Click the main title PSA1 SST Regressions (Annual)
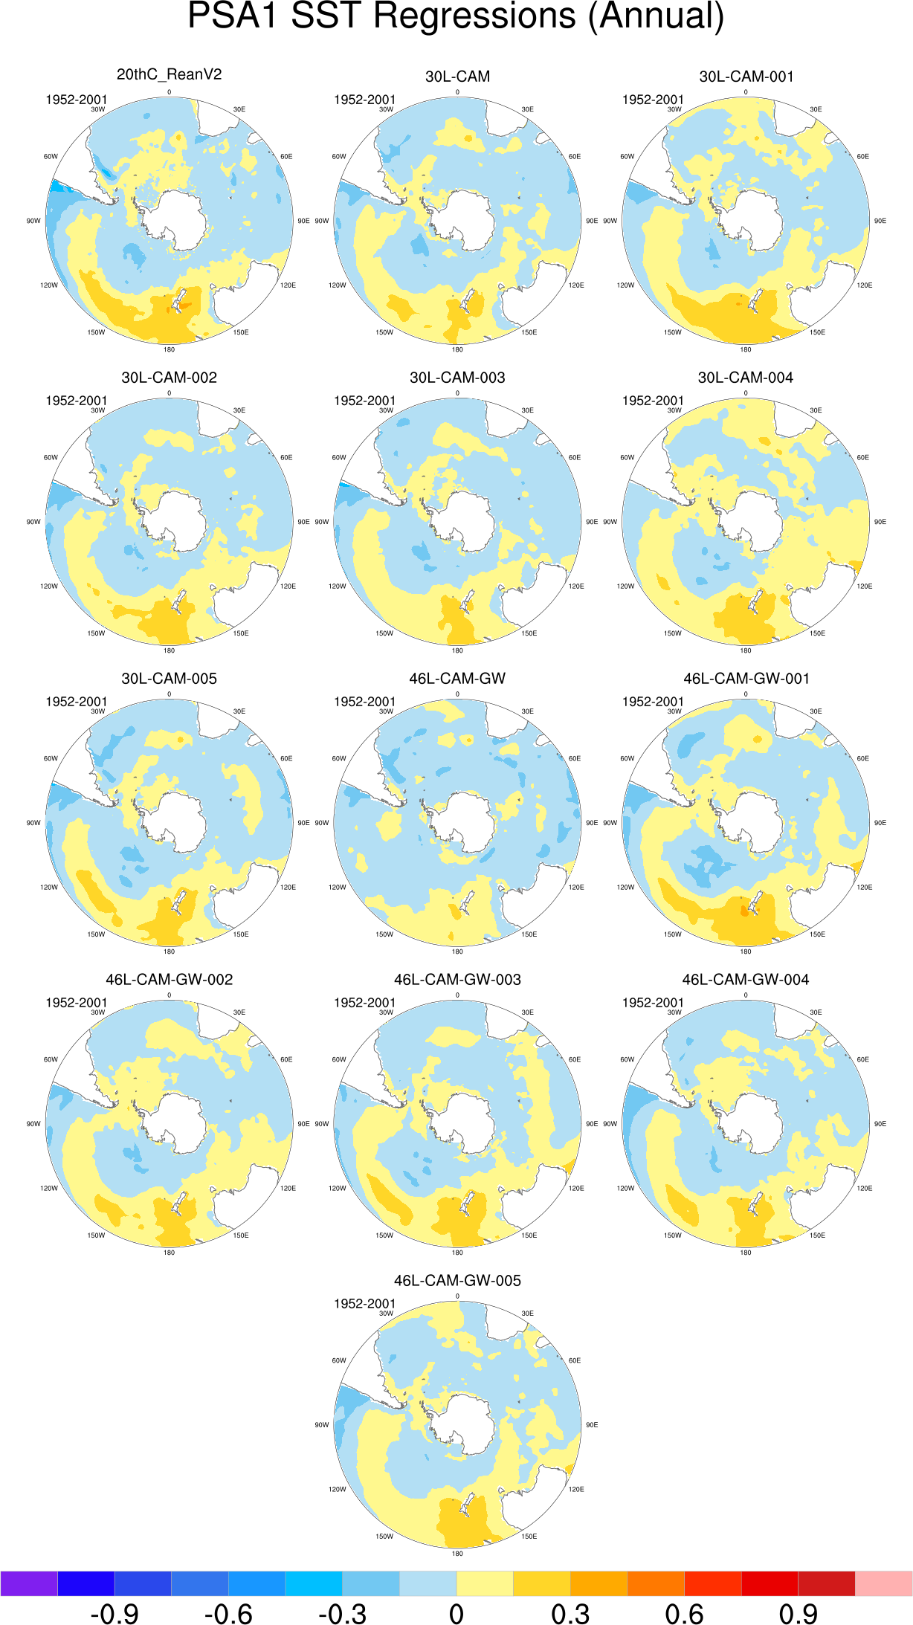click(x=456, y=16)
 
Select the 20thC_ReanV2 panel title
click(x=169, y=74)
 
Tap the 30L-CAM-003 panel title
click(x=457, y=378)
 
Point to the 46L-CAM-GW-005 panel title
click(x=457, y=1281)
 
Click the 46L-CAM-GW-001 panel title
click(x=746, y=679)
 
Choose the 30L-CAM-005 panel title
click(x=169, y=679)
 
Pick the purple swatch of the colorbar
click(x=29, y=1583)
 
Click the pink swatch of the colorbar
click(x=884, y=1583)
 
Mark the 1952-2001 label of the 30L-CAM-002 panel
click(x=77, y=401)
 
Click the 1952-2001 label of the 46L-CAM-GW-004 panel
click(x=653, y=1003)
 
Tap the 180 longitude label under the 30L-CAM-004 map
click(x=746, y=650)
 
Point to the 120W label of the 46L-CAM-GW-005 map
click(x=338, y=1489)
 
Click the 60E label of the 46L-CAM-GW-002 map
click(x=286, y=1059)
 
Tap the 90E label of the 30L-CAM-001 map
click(x=880, y=221)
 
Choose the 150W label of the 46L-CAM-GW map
click(x=384, y=934)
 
